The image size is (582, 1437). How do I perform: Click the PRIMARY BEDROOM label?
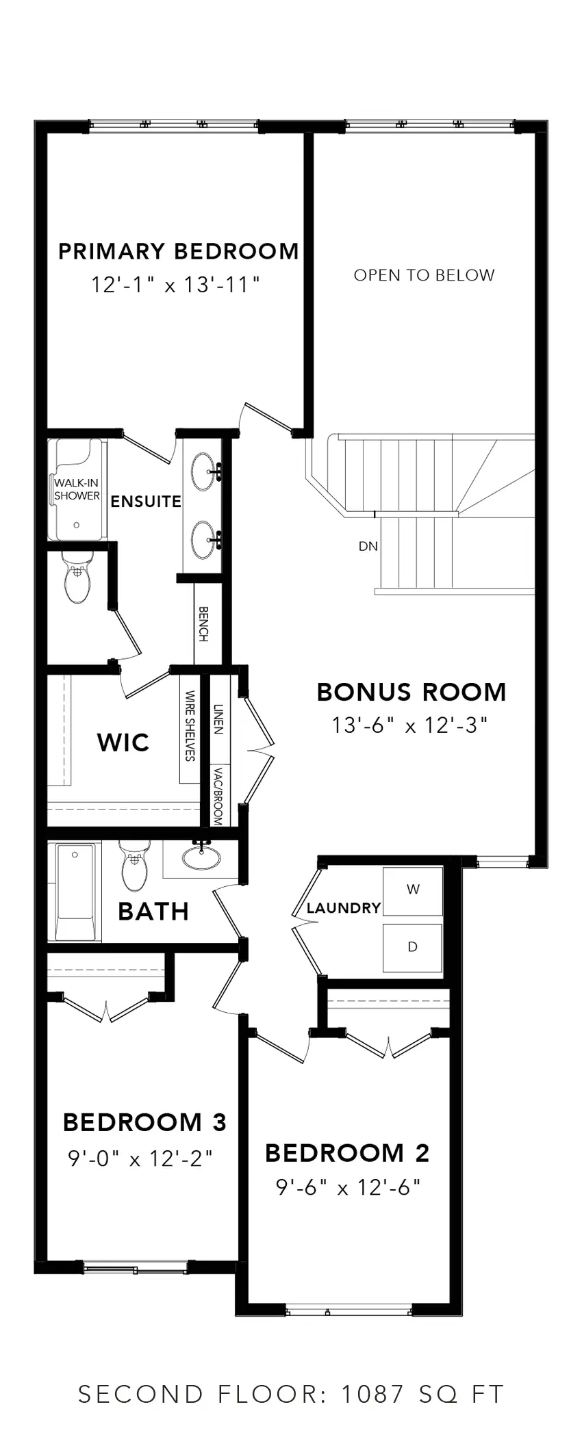tap(178, 251)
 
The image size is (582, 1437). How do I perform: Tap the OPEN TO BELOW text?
tap(424, 275)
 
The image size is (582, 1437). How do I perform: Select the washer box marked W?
tap(412, 890)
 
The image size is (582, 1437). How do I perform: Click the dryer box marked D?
tap(412, 947)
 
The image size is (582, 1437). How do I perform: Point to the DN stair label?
tap(368, 546)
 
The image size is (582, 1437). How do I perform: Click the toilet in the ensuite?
tap(77, 579)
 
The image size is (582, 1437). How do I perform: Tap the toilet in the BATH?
tap(134, 866)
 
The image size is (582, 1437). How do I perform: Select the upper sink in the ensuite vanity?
tap(203, 471)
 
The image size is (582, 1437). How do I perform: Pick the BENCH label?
tap(203, 623)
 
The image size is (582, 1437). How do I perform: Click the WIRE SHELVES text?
tap(190, 725)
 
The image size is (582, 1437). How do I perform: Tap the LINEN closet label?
tap(218, 718)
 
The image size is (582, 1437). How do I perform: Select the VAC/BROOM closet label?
tap(218, 795)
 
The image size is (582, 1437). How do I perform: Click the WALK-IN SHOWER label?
tap(77, 489)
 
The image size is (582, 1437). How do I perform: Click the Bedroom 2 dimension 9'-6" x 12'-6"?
tap(348, 1187)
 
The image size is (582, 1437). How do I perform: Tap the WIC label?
tap(123, 742)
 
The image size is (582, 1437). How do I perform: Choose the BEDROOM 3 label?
tap(144, 1122)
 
